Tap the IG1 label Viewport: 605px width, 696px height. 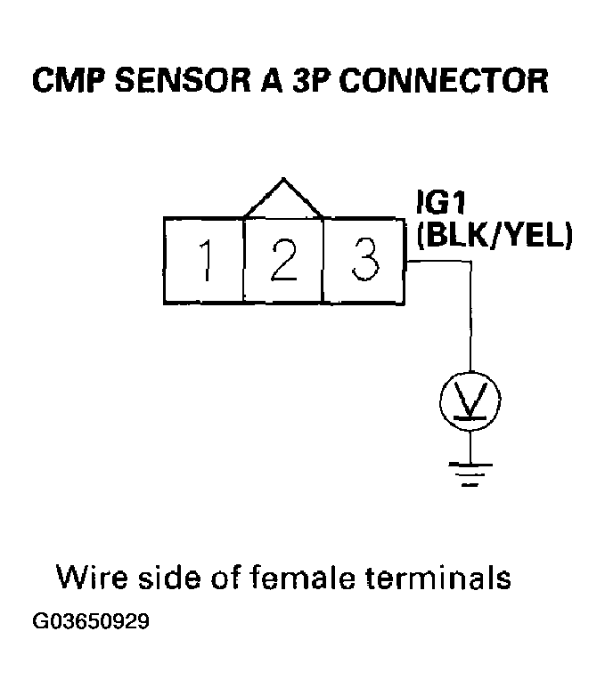438,204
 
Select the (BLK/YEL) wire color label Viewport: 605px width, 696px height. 494,237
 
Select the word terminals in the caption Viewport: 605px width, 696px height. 438,578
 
